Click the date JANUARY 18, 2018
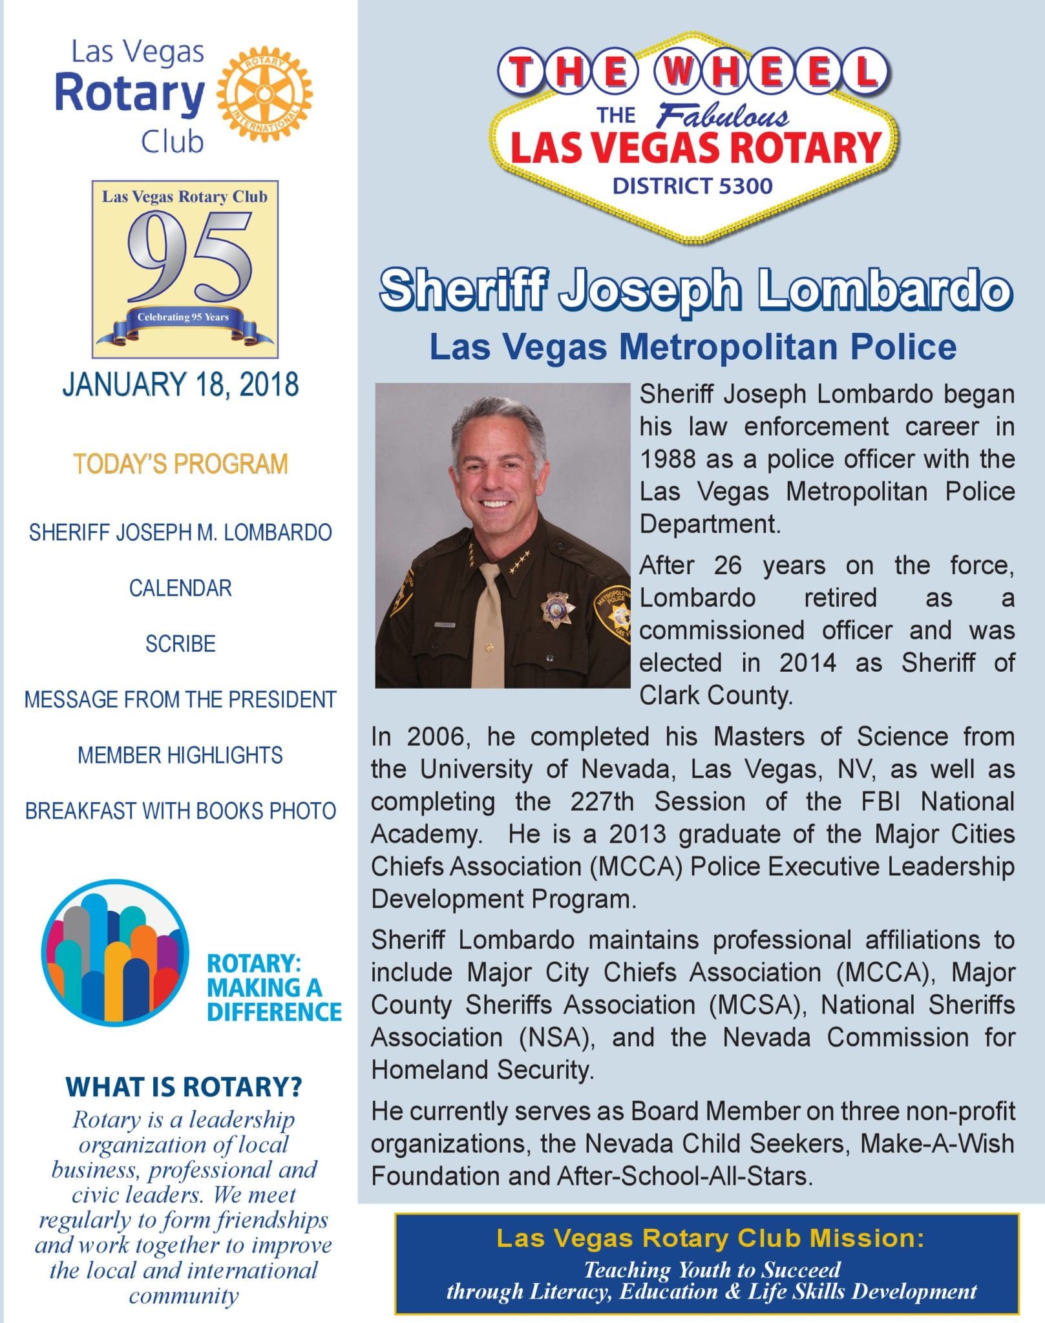[180, 384]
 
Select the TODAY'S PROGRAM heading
[180, 464]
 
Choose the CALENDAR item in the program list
[180, 589]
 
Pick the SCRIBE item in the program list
[180, 644]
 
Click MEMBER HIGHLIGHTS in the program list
[180, 755]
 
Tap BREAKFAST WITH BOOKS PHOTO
[180, 811]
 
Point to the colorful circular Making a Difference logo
[115, 953]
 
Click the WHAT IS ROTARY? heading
[184, 1087]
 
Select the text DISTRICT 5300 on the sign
[692, 187]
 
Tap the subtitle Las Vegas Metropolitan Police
[693, 347]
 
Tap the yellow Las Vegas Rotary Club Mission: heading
[710, 1238]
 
